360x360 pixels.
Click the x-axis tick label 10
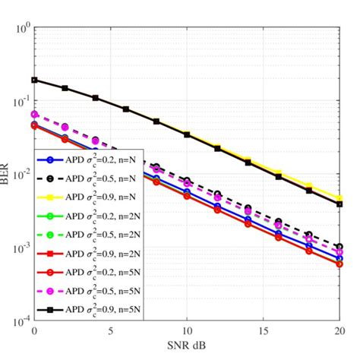point(187,332)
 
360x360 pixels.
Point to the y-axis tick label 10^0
point(21,30)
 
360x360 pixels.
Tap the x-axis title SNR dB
point(187,346)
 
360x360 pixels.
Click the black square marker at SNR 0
point(34,80)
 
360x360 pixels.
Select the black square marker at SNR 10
point(187,134)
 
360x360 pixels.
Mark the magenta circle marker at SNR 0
point(34,114)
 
